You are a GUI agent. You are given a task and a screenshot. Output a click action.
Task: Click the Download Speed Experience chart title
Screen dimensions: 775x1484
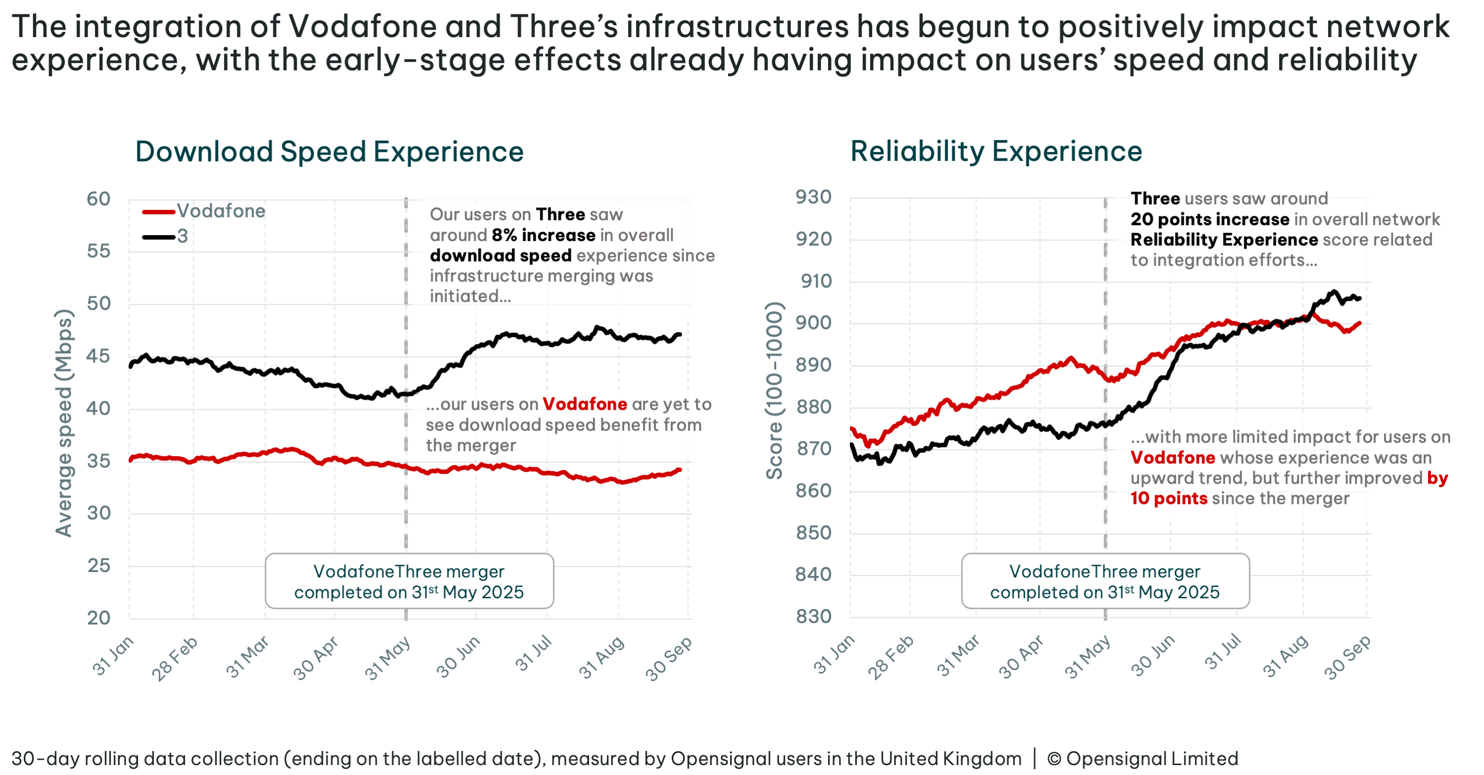tap(329, 152)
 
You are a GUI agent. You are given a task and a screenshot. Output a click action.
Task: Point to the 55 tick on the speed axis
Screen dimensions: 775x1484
tap(98, 251)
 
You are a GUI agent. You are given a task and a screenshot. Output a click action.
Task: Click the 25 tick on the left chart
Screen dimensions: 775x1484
tap(98, 566)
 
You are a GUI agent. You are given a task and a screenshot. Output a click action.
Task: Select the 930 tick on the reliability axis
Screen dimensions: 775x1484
tap(813, 197)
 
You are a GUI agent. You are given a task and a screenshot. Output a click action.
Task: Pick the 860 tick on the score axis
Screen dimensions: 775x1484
tap(813, 491)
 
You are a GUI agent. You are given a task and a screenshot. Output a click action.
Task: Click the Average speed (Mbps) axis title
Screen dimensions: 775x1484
tap(64, 423)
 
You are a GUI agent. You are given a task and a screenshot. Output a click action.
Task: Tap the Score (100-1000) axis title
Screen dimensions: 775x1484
tap(774, 390)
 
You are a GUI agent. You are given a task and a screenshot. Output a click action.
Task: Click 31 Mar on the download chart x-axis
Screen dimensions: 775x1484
tap(248, 657)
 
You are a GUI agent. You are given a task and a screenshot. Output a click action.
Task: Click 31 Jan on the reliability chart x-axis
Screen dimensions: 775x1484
tap(834, 655)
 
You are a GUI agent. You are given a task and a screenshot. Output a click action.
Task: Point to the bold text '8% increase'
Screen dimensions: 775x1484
tap(543, 235)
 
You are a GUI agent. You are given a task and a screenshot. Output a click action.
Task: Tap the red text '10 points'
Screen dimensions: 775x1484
tap(1168, 498)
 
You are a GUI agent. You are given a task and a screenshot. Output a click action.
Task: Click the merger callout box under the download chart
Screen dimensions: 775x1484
tap(409, 581)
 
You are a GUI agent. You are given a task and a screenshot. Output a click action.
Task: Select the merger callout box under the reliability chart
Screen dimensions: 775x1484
tap(1105, 581)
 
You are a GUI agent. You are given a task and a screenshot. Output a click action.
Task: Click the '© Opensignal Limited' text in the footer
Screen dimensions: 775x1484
tap(1142, 759)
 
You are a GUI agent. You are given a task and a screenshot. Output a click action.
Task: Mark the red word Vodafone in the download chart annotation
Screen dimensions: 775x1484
tap(584, 404)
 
